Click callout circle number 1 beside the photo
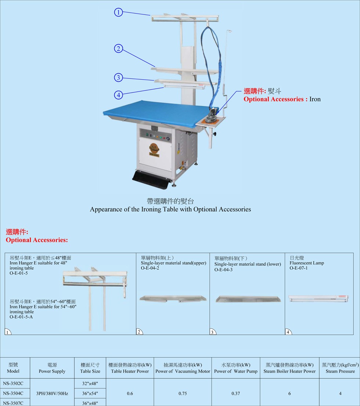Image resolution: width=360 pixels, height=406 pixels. point(118,12)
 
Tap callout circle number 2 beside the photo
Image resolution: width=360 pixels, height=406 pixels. point(118,48)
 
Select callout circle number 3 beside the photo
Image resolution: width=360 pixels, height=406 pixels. point(118,78)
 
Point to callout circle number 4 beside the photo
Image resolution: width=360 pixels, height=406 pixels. point(118,95)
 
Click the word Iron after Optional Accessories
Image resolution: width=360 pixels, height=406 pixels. point(315,99)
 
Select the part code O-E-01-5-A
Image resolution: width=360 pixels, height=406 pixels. point(21,317)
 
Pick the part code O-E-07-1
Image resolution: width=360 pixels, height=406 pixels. point(299,268)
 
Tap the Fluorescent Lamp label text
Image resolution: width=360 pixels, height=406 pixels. point(307,263)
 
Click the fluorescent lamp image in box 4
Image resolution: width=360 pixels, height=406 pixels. point(318,298)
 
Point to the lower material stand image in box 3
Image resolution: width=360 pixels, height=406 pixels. point(248,299)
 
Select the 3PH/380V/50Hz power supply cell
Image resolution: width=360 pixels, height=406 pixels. point(52,393)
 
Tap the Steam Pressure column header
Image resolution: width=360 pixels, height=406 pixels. point(340,371)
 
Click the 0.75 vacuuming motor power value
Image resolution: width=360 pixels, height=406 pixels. point(183,393)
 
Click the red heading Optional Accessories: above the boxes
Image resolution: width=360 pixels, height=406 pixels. point(37,240)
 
